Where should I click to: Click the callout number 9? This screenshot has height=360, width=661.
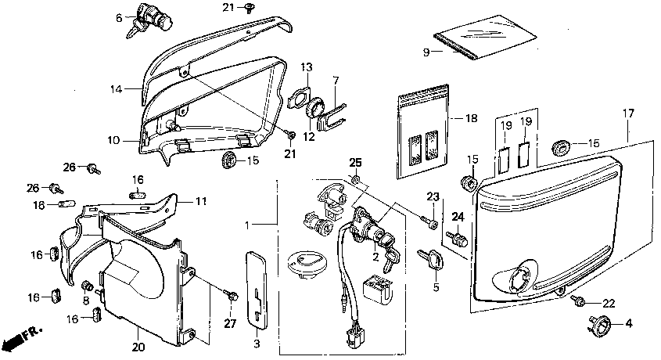coord(427,52)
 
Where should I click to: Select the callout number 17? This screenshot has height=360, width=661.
coord(628,114)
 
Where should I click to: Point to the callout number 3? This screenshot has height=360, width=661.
coord(257,344)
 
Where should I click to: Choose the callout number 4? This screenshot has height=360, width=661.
coord(628,323)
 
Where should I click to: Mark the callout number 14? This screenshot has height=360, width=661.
coord(115,90)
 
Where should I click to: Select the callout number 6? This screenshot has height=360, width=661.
coord(120,16)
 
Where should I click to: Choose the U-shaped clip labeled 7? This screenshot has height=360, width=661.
coord(331,116)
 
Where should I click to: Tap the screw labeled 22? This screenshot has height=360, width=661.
coord(579,300)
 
